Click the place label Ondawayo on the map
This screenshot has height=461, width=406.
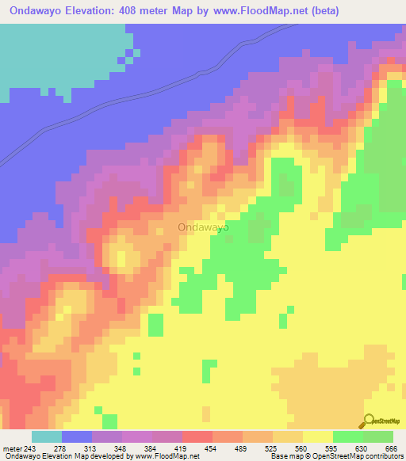pyautogui.click(x=204, y=227)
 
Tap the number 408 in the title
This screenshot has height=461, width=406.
pyautogui.click(x=147, y=11)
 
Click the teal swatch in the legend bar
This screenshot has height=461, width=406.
pyautogui.click(x=47, y=437)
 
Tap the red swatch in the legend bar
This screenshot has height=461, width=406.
pyautogui.click(x=197, y=437)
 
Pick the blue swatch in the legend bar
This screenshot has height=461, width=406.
pyautogui.click(x=77, y=437)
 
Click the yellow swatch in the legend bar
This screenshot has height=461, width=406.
pyautogui.click(x=318, y=437)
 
